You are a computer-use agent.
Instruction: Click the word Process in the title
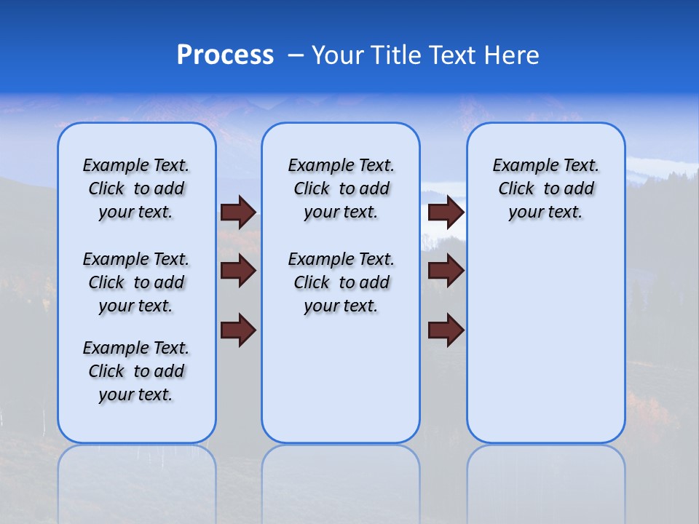225,55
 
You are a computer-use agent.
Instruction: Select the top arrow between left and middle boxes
238,212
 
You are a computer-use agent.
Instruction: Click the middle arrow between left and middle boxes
238,271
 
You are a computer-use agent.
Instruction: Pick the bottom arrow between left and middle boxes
238,330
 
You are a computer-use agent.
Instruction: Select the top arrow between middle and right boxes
446,212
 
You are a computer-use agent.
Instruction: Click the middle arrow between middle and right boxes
446,271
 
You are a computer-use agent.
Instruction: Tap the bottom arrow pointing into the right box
446,330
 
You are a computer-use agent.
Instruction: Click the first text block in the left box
136,188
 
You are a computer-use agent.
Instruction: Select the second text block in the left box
136,282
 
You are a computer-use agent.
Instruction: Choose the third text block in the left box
136,371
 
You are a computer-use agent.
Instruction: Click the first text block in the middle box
341,188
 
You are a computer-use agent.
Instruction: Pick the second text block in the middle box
341,282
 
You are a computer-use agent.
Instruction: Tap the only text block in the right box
545,188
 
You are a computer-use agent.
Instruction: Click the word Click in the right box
516,188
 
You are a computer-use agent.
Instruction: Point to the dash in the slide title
296,55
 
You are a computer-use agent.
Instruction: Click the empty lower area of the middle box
341,378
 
